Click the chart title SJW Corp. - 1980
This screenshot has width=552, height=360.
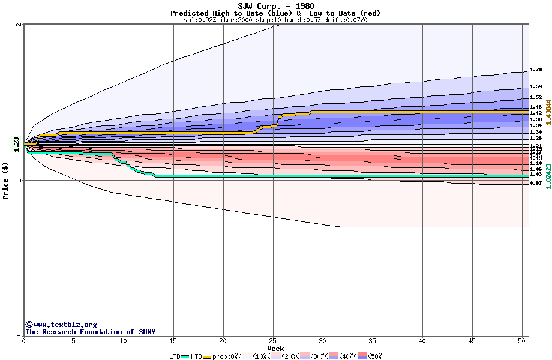[275, 6]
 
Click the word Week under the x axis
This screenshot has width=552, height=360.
[275, 348]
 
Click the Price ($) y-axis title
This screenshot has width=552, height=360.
[6, 180]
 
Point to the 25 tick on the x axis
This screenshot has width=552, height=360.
[273, 341]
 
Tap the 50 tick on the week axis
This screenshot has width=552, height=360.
[522, 341]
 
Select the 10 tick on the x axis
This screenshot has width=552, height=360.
[123, 341]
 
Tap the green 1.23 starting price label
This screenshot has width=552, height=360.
[16, 145]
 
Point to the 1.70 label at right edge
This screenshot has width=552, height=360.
[536, 70]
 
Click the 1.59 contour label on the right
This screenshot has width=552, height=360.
[536, 88]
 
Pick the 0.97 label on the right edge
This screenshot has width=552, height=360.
[536, 183]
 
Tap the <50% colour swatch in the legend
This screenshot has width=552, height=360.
[362, 356]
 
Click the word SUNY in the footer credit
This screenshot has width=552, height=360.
[147, 332]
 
